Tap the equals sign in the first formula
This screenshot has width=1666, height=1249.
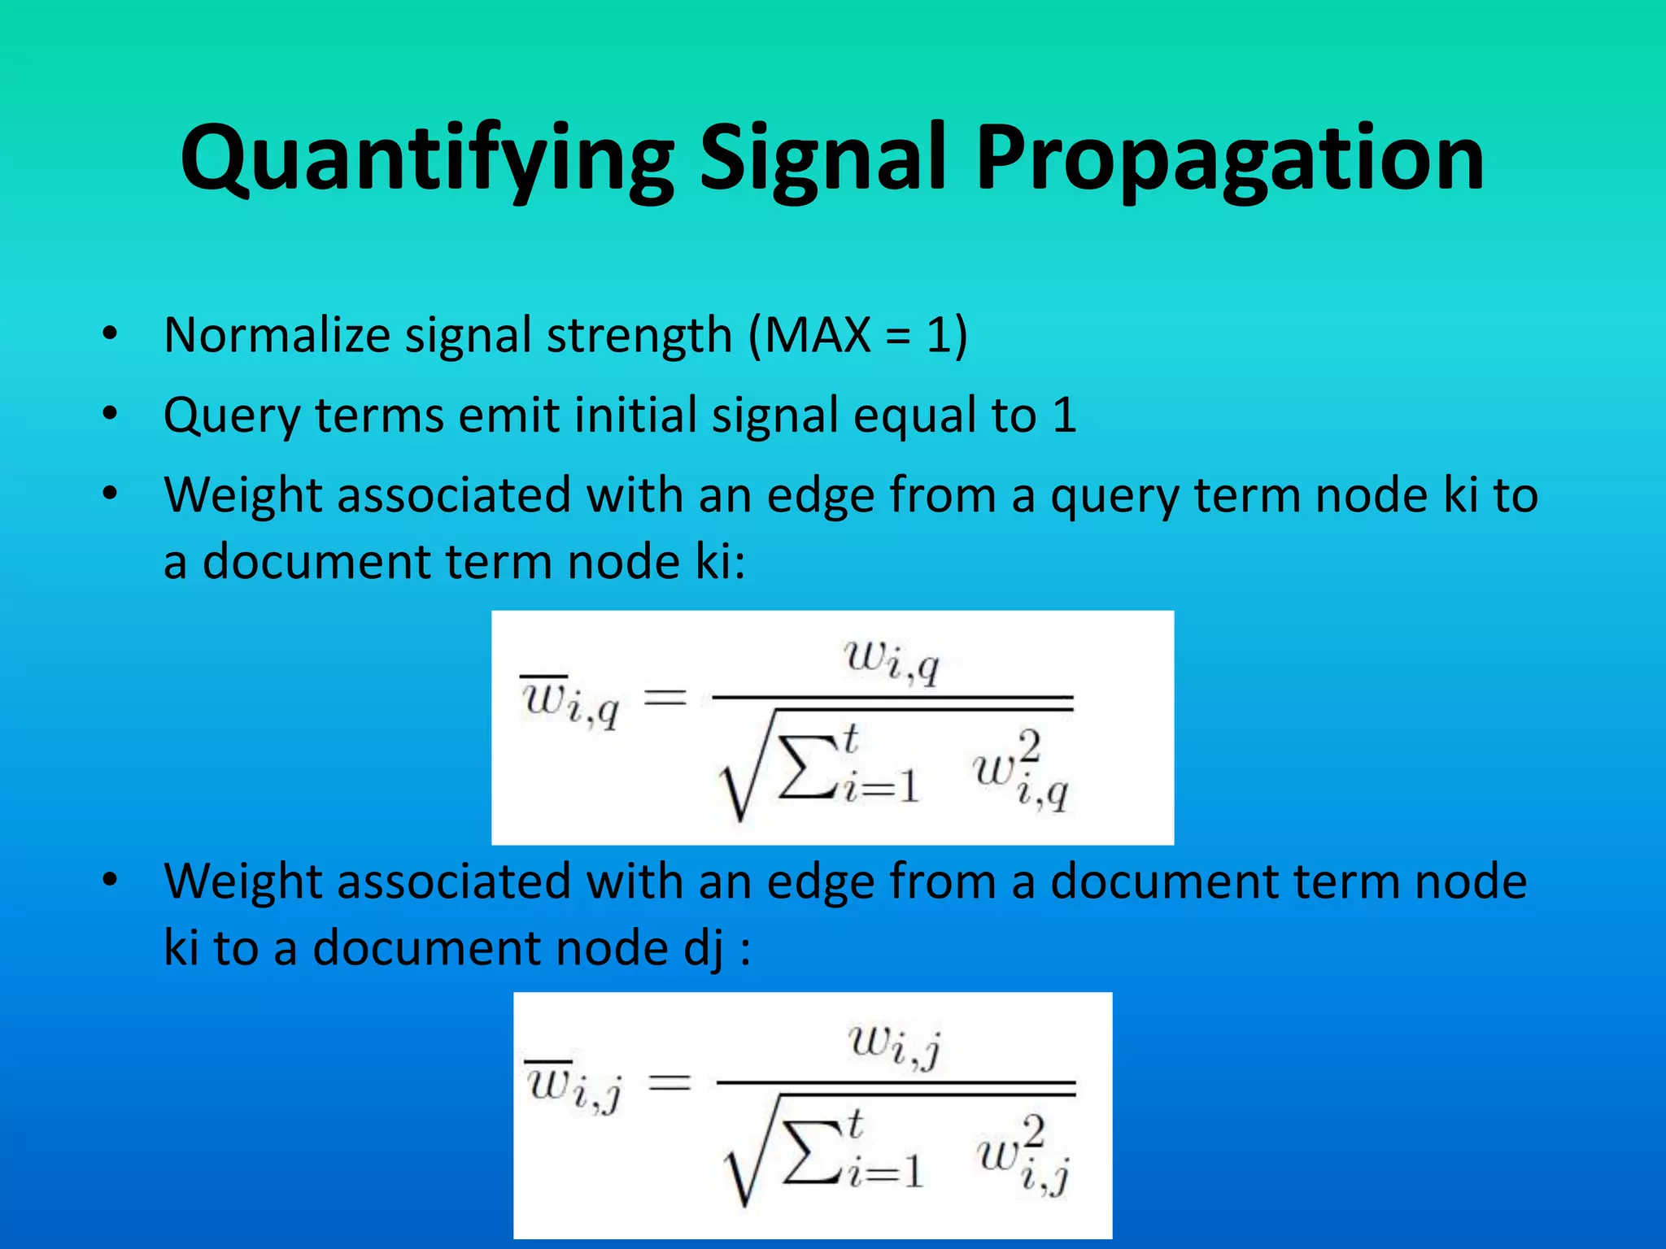point(665,698)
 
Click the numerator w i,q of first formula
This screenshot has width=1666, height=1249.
point(892,660)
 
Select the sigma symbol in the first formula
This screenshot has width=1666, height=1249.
point(805,768)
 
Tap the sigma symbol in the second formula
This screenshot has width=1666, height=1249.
point(810,1153)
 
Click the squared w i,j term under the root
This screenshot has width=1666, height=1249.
point(1023,1155)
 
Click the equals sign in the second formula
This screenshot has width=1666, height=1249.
point(669,1083)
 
